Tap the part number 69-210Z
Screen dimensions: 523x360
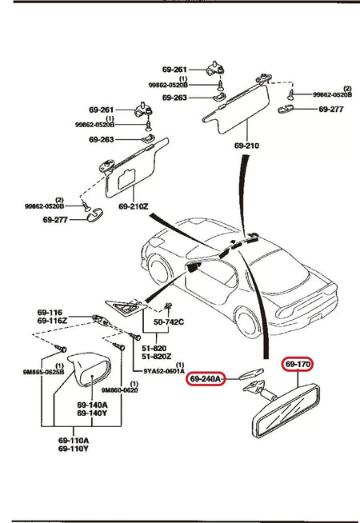[x=134, y=206]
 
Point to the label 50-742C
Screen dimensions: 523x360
[x=170, y=321]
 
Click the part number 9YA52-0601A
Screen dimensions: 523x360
[x=164, y=371]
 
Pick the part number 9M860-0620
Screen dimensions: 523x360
[x=120, y=389]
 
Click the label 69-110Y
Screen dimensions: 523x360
[x=74, y=449]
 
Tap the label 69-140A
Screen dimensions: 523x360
[x=94, y=405]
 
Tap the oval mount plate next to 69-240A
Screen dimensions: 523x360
[x=251, y=374]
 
